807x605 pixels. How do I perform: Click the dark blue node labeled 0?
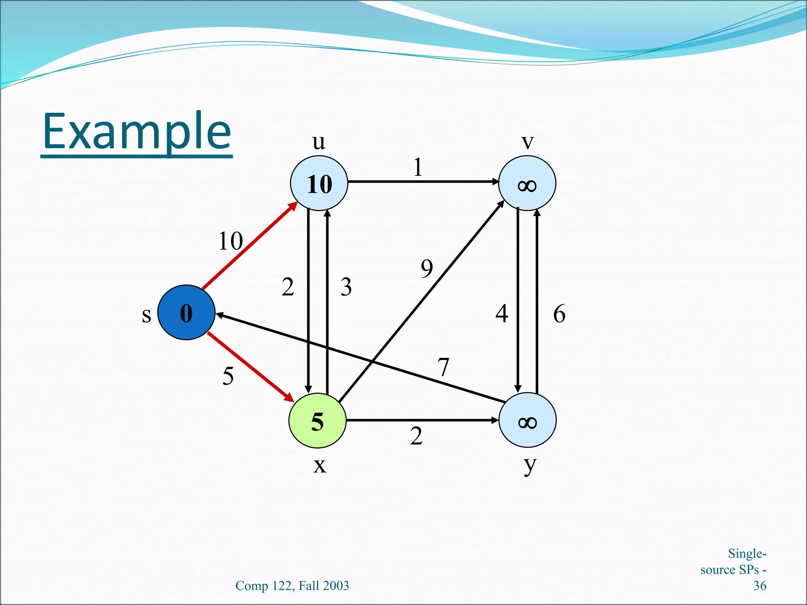[186, 312]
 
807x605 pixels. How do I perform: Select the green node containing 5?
[318, 421]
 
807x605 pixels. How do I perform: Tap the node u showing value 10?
[319, 183]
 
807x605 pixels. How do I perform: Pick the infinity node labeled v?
[527, 183]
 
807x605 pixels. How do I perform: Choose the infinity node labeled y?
[527, 420]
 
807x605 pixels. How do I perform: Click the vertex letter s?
[146, 315]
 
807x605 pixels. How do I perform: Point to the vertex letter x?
[320, 466]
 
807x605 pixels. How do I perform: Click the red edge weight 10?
[231, 241]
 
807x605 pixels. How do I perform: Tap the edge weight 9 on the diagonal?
[427, 269]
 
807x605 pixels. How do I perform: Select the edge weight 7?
[444, 367]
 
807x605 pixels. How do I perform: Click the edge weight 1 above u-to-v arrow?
[418, 167]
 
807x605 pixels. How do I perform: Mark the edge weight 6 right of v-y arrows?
[559, 314]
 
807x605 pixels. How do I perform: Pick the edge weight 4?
[502, 314]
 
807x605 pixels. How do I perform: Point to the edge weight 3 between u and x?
[346, 287]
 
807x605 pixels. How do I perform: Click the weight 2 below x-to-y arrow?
[416, 436]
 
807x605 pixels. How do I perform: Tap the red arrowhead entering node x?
[290, 398]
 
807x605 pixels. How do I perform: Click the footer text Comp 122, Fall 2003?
[292, 586]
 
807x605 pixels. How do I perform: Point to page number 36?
[759, 586]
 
